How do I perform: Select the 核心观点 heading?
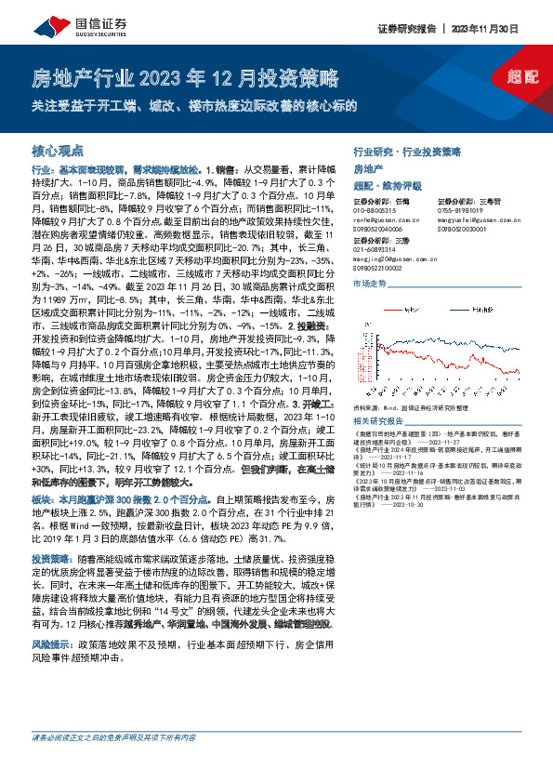pyautogui.click(x=59, y=149)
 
